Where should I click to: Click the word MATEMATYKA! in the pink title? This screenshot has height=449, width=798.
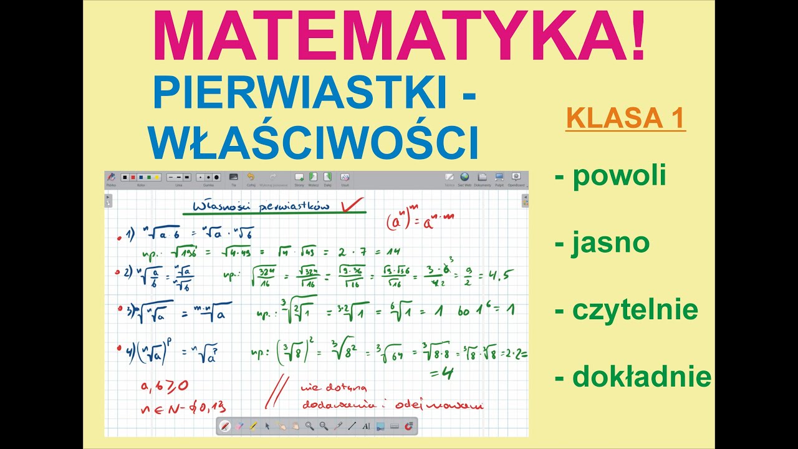point(399,37)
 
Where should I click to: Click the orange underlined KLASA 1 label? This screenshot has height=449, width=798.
point(625,118)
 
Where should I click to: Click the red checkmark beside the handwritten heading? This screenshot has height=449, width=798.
point(352,205)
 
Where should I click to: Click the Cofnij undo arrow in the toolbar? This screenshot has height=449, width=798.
point(251,177)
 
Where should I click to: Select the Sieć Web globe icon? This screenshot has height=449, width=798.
point(464,177)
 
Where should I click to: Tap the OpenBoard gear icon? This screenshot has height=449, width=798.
point(516,177)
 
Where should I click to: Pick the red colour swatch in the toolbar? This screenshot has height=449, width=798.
point(133,177)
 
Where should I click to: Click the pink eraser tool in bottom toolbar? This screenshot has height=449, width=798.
point(239,427)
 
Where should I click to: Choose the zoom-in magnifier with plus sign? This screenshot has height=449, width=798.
point(309,427)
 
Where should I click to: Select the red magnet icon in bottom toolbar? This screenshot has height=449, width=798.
point(409,427)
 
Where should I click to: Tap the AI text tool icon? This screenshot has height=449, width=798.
point(366,427)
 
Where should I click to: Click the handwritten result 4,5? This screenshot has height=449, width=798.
point(499,274)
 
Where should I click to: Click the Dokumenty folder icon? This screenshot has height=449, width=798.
point(482,177)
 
